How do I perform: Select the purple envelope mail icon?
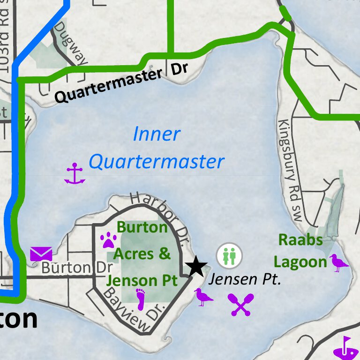coord(41,254)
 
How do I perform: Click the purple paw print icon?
coord(109,241)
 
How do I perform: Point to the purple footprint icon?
coord(141,300)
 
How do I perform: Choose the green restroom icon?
coord(229,255)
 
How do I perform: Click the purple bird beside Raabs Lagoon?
coord(339,262)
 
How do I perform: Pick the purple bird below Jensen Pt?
coord(204,297)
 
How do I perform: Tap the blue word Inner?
coord(156,134)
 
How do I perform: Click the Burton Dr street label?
coord(77,268)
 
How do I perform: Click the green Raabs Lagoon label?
coord(300,251)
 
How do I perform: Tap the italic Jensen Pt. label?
coord(244,280)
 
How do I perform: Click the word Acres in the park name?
coord(133,254)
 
